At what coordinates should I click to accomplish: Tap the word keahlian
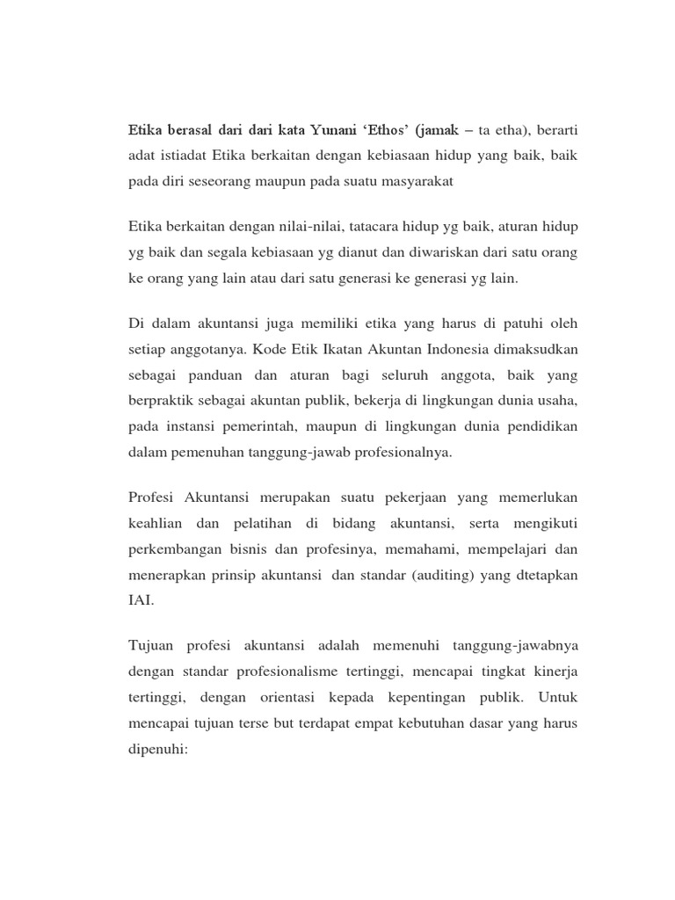(159, 525)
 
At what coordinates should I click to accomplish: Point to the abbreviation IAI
(142, 602)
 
